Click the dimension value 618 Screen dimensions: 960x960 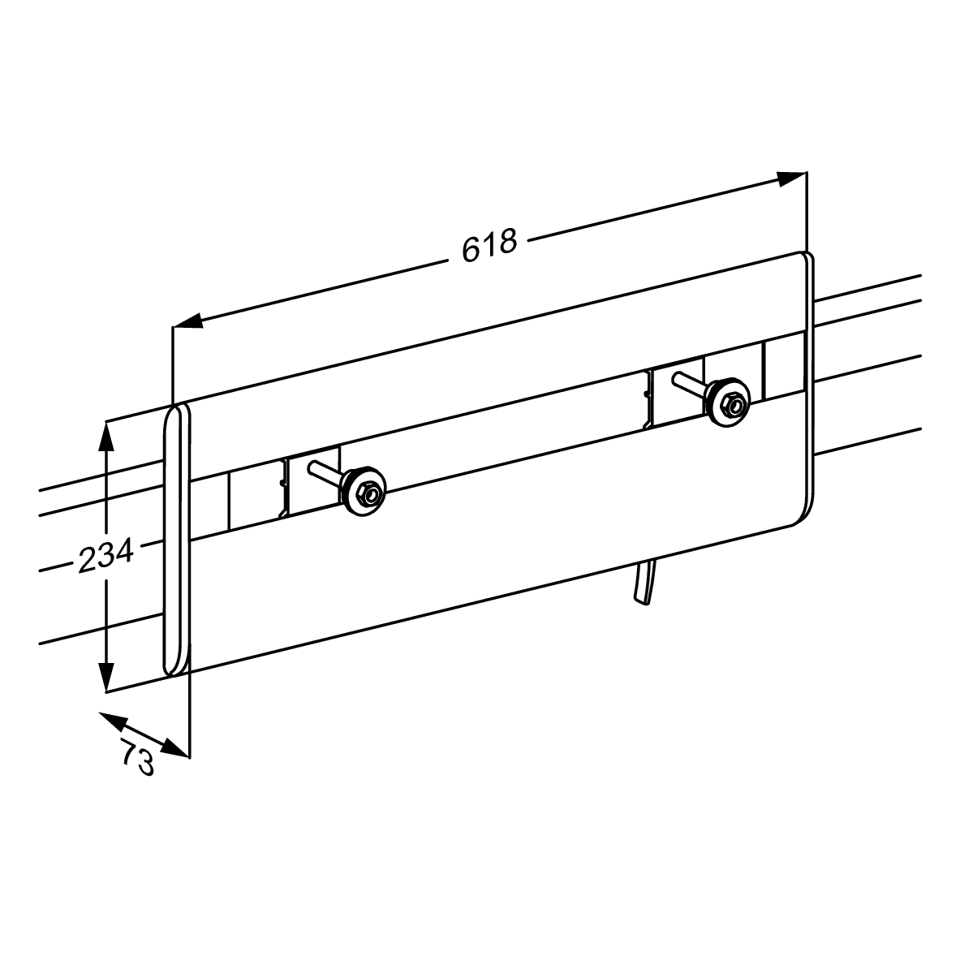point(489,245)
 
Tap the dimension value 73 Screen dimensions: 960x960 point(138,757)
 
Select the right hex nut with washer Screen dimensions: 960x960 point(728,403)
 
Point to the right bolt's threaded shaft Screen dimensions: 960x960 point(691,384)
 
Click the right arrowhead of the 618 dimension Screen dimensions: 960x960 point(792,179)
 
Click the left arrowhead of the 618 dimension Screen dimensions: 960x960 point(188,322)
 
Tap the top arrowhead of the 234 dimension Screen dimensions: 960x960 point(106,435)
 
